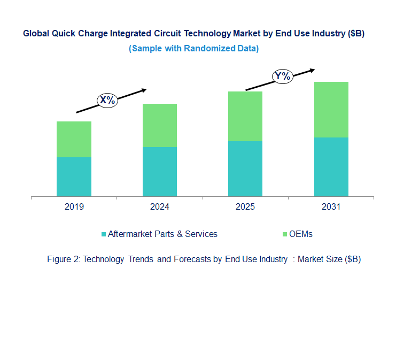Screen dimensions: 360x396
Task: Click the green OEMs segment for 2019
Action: tap(74, 139)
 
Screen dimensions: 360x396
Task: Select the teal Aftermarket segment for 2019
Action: tap(74, 177)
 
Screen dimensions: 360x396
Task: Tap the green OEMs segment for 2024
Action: tap(159, 125)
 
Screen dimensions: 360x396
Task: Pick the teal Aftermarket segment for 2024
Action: tap(159, 172)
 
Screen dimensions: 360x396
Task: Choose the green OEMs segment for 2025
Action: tap(245, 116)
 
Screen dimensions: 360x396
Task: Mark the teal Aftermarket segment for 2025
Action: tap(245, 168)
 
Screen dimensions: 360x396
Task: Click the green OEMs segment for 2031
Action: tap(331, 110)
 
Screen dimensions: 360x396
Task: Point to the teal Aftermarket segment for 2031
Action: tap(331, 167)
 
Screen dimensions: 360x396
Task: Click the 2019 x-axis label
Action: tap(74, 206)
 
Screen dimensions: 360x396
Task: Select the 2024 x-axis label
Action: tap(159, 206)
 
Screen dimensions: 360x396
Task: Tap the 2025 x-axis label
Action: tap(245, 206)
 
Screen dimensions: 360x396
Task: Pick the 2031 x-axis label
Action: tap(331, 206)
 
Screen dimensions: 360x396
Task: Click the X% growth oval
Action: tap(107, 100)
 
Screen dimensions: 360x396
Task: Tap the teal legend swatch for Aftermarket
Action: tap(104, 234)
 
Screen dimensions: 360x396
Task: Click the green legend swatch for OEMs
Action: tap(284, 234)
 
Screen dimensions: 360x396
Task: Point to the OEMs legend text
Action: tap(300, 234)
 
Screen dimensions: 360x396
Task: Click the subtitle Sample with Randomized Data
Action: tap(193, 48)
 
